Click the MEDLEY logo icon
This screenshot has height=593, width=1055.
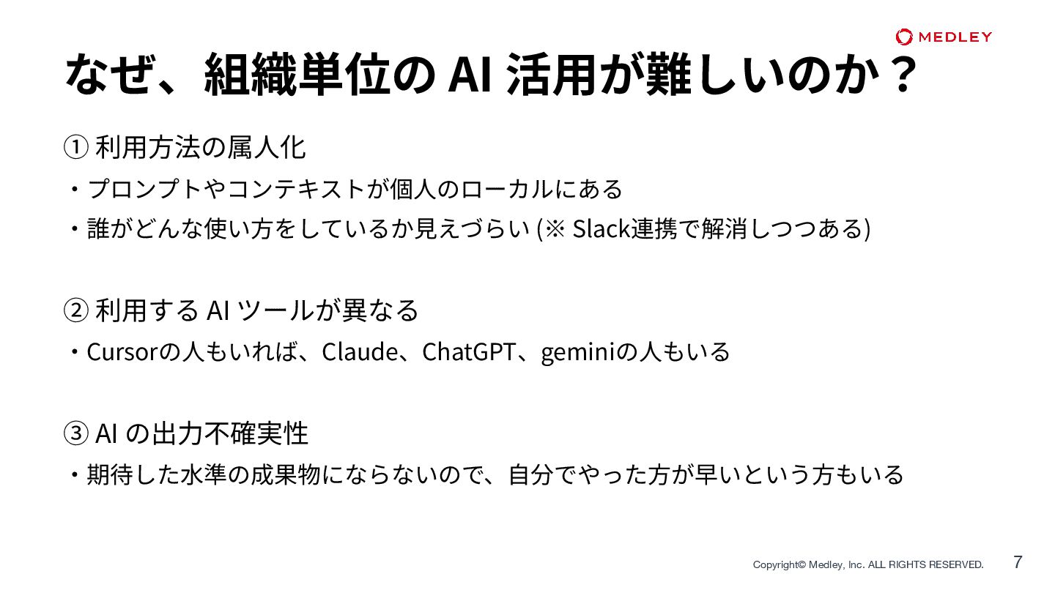(904, 37)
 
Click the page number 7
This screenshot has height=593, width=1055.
(1018, 562)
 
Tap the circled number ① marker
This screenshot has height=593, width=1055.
(76, 148)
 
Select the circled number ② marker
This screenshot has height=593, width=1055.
(76, 310)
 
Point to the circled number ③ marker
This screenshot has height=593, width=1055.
(76, 433)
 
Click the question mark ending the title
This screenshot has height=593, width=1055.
(899, 74)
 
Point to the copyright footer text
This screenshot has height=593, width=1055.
(868, 564)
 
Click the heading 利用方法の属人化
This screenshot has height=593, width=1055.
(200, 148)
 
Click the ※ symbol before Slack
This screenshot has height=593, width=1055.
(554, 229)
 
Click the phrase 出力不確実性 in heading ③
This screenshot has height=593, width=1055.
(230, 433)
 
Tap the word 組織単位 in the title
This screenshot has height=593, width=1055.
(296, 74)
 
